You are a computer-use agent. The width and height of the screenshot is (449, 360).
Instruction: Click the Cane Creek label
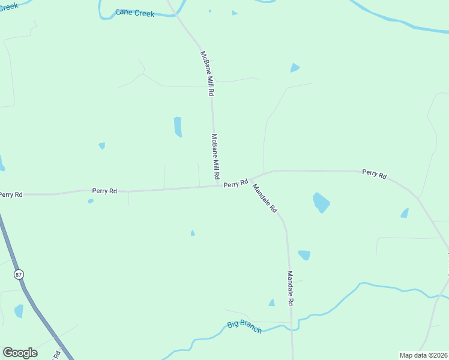135,13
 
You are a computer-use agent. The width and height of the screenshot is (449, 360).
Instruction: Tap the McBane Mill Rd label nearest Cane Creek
207,74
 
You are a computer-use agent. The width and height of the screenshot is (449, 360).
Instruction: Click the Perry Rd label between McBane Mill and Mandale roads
236,184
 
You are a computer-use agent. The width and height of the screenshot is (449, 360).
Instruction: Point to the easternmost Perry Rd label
374,174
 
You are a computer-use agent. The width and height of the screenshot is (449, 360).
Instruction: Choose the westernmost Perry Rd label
11,194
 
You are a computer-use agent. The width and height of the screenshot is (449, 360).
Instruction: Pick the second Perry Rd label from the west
104,191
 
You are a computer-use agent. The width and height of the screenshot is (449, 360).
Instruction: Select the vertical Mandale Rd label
289,289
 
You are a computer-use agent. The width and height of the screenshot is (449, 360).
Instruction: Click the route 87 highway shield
18,274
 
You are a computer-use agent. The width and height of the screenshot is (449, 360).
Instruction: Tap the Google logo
20,353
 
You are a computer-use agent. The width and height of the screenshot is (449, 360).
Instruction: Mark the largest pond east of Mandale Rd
321,202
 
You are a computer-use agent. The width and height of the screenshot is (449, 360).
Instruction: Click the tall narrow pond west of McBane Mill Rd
178,127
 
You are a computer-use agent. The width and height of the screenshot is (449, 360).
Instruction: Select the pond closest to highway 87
19,311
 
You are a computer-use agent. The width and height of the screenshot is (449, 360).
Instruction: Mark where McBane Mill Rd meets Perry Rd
217,185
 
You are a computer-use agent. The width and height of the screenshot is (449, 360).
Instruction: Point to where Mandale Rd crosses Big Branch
291,328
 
